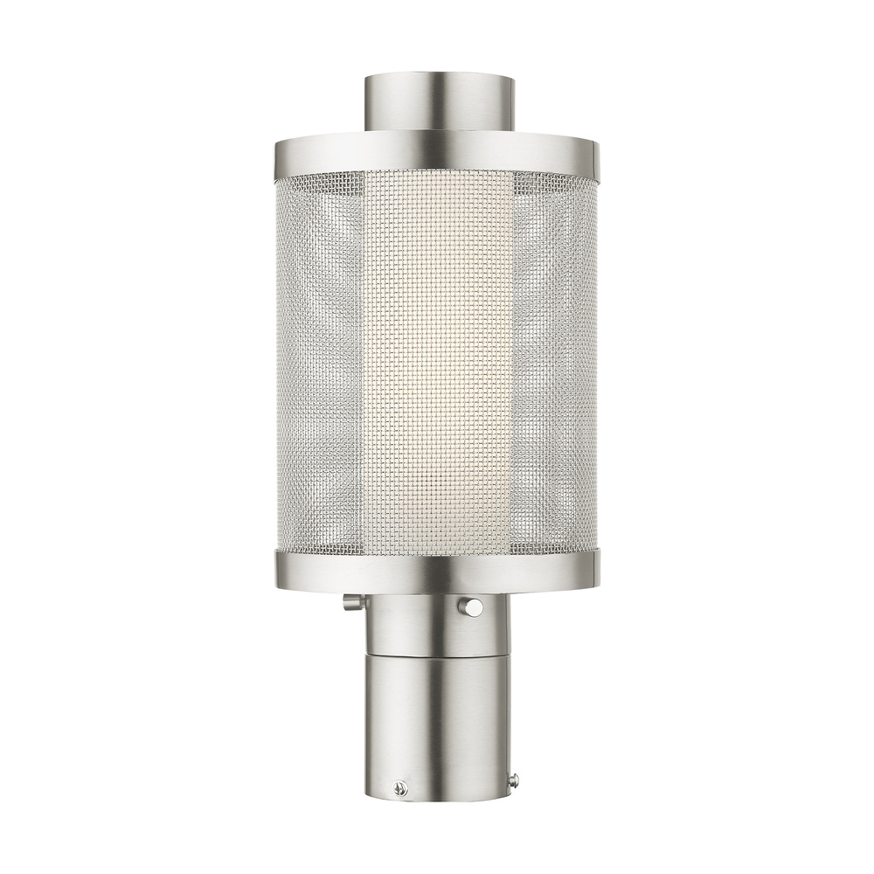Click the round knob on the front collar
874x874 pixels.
[x=473, y=606]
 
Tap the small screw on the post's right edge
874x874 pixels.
[x=514, y=780]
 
